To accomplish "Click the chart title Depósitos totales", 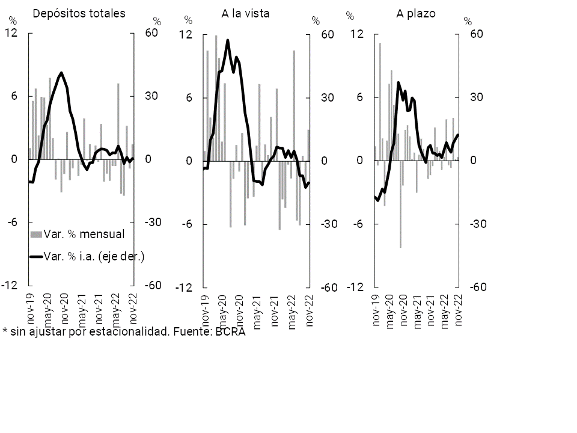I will click(79, 13).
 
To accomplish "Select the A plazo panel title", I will click(416, 13).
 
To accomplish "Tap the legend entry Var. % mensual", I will click(84, 234).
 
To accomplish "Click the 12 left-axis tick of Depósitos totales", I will click(11, 33).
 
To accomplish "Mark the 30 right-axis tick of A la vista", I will click(328, 97).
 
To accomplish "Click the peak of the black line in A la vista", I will click(228, 40).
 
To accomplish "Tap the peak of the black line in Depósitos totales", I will click(61, 73).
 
